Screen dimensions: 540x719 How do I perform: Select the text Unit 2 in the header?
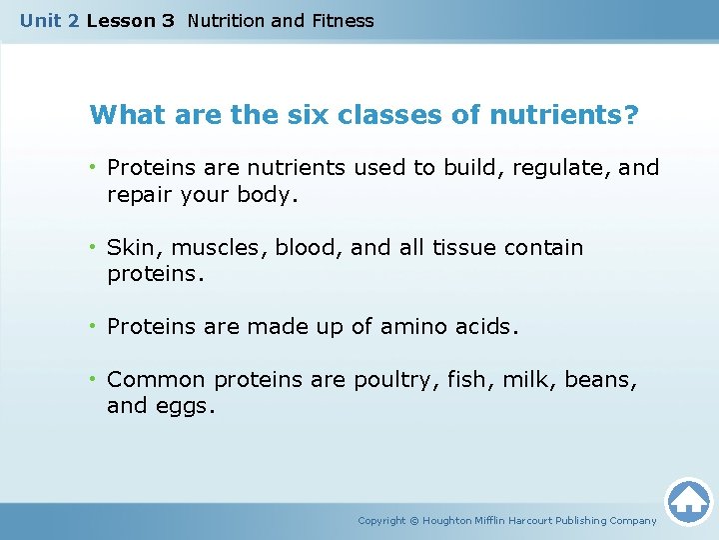coord(49,20)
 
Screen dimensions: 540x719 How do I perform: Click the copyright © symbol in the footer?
coord(414,520)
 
